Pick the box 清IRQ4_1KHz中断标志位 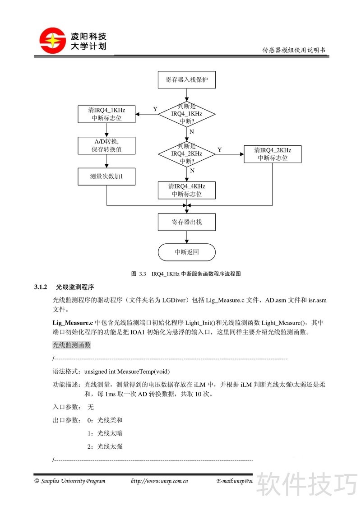(x=106, y=114)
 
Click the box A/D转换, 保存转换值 (x=106, y=145)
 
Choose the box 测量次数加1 (x=106, y=176)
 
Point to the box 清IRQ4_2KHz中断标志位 (x=273, y=154)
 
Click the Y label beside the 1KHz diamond (x=155, y=109)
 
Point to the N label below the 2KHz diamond (x=192, y=171)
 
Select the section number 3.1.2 (x=41, y=287)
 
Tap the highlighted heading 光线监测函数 (x=72, y=345)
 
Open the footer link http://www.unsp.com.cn (x=159, y=481)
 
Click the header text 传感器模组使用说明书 (x=294, y=50)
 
